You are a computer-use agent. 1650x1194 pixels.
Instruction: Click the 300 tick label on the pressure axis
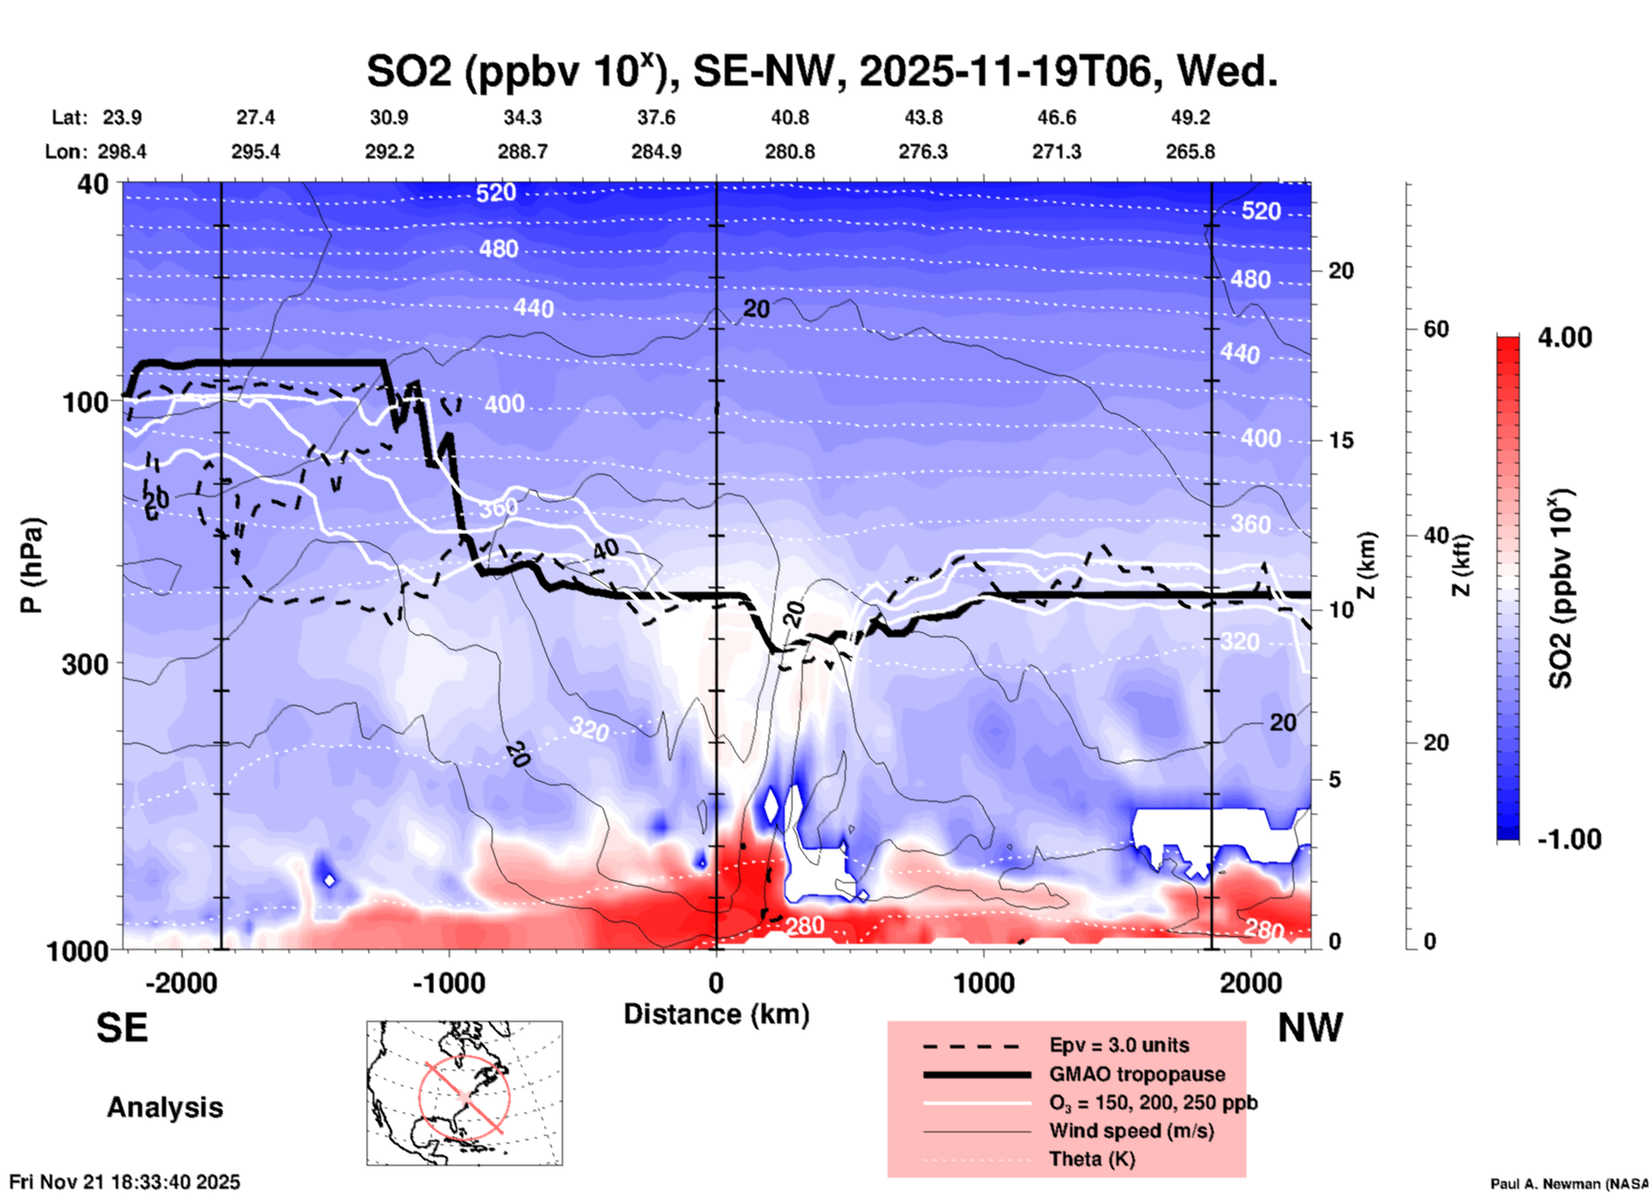tap(85, 664)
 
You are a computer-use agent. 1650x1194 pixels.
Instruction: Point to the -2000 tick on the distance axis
tap(181, 982)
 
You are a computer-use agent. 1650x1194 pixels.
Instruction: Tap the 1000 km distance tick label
tap(983, 982)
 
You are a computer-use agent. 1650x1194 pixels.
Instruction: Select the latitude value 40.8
tap(789, 117)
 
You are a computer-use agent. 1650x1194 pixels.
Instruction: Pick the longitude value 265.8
tap(1190, 152)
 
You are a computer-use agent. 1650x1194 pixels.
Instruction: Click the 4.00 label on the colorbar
tap(1564, 337)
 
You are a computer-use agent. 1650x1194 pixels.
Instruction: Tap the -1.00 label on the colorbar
tap(1569, 839)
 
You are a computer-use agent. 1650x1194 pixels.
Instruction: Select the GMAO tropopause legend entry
tap(1137, 1074)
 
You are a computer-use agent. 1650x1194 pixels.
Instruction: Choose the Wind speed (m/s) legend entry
tap(1131, 1131)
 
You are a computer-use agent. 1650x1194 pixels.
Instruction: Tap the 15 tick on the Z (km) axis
tap(1341, 440)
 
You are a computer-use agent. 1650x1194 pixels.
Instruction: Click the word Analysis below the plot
tap(164, 1107)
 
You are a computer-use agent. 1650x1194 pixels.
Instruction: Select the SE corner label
tap(122, 1028)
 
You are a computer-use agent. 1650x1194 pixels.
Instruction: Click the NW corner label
tap(1310, 1028)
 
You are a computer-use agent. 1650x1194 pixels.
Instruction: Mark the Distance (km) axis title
tap(716, 1014)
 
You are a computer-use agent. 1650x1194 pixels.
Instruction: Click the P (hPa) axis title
tap(32, 565)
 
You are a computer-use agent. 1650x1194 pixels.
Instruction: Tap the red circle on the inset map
tap(464, 1095)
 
